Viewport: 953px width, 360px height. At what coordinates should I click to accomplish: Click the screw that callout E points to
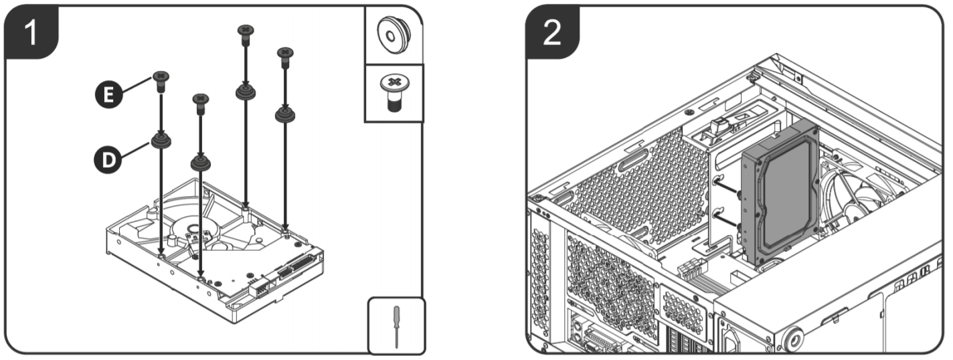point(161,81)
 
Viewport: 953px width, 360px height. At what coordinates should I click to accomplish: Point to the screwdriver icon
point(396,325)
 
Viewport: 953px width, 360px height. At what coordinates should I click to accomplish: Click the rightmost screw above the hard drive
point(286,56)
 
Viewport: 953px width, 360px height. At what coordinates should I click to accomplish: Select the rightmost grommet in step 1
point(286,114)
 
